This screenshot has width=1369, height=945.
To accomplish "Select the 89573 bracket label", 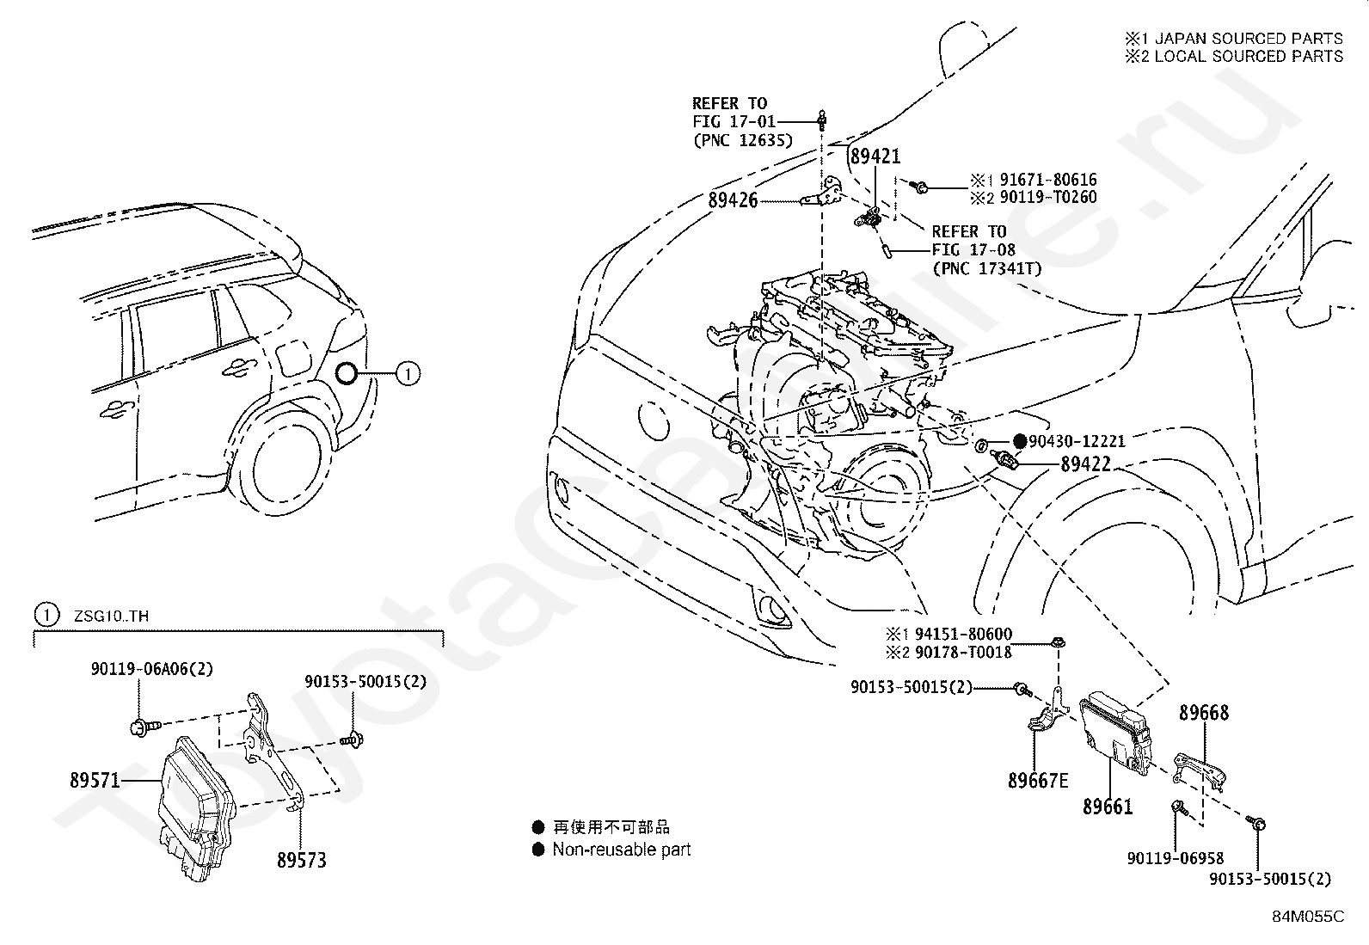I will [x=301, y=859].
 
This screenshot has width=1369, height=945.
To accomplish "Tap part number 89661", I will [x=1108, y=807].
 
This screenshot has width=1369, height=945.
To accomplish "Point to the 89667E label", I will [x=1038, y=781].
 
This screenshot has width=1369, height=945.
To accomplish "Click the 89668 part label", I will [x=1204, y=713].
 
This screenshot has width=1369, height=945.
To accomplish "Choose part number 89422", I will [x=1085, y=464].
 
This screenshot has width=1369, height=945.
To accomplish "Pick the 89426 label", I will [x=734, y=200].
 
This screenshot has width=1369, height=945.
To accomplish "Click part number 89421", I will [x=875, y=156].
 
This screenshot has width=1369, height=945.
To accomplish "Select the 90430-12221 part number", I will [x=1077, y=441].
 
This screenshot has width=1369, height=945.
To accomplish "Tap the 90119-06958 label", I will [x=1176, y=858].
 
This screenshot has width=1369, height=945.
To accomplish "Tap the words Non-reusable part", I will [x=621, y=850].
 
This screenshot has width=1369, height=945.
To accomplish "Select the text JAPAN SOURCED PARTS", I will [x=1248, y=39].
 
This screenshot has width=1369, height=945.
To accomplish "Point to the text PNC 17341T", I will [x=987, y=268].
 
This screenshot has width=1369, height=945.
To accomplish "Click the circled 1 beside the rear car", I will [x=408, y=373].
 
